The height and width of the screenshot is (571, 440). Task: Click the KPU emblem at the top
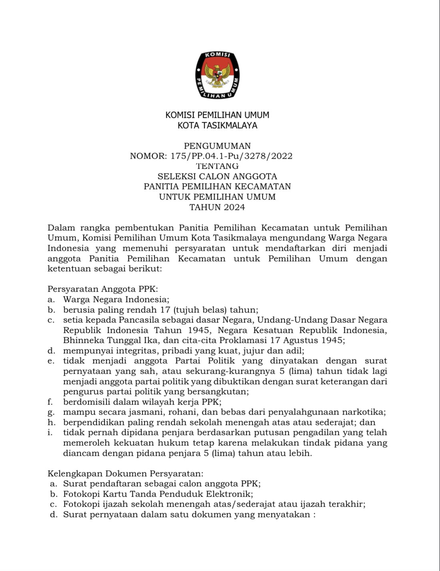coord(217,75)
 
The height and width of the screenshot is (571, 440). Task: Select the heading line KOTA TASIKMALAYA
coord(217,125)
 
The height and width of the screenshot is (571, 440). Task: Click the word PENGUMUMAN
coord(217,146)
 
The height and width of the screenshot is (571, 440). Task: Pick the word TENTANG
coord(217,166)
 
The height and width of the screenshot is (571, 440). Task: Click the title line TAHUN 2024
coord(217,207)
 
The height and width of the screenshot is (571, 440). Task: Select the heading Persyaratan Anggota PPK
coord(102,289)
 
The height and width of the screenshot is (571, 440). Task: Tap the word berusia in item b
coord(79,310)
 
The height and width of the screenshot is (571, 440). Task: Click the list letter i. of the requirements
coord(50,433)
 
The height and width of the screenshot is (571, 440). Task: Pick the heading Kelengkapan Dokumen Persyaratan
coord(125,474)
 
